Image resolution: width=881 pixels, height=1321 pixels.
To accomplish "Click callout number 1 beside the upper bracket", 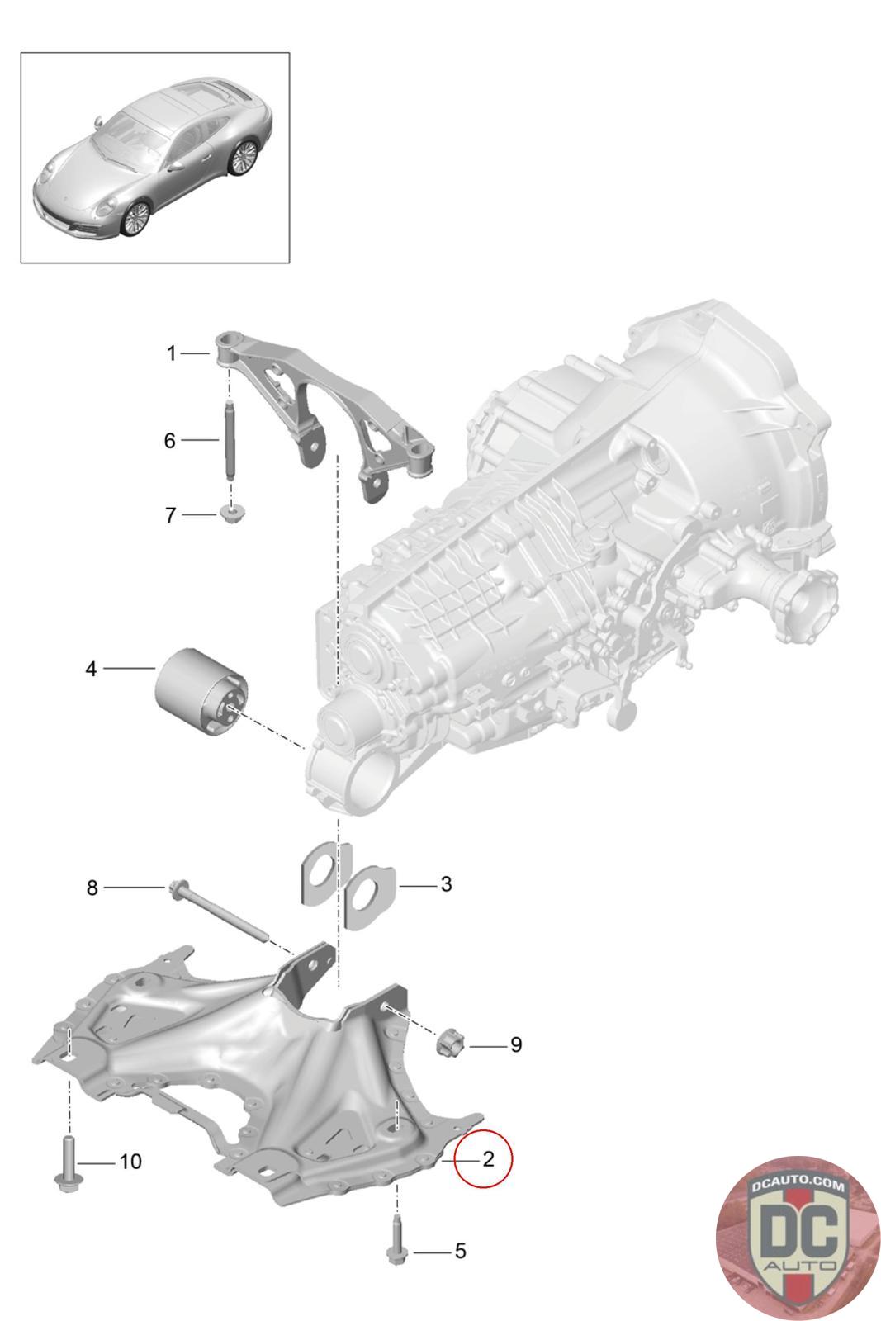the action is pos(171,354).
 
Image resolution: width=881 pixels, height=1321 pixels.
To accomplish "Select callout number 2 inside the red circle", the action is pos(488,1158).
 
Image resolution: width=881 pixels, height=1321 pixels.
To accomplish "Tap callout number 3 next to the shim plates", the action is pos(446,885).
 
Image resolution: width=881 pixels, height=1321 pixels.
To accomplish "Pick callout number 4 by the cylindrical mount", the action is pos(91,668).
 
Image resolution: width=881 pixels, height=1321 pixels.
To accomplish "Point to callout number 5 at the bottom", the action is pos(460,1251).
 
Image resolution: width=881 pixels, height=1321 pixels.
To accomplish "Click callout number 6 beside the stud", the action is pos(169,441).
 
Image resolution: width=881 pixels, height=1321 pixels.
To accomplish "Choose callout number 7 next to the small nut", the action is pos(170,515).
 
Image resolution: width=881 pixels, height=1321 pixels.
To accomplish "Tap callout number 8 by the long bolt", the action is pos(92,888).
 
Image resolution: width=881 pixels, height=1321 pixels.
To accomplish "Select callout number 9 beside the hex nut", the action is pos(515,1045).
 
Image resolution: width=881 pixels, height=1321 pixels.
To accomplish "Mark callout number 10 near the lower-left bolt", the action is pos(130,1162).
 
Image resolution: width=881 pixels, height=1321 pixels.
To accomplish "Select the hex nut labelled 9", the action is pos(452,1042).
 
